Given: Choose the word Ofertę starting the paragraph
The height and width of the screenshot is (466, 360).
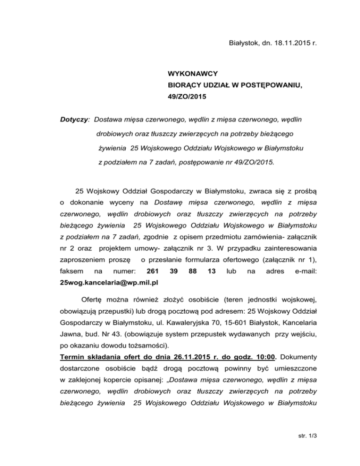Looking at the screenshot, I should point(93,299).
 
